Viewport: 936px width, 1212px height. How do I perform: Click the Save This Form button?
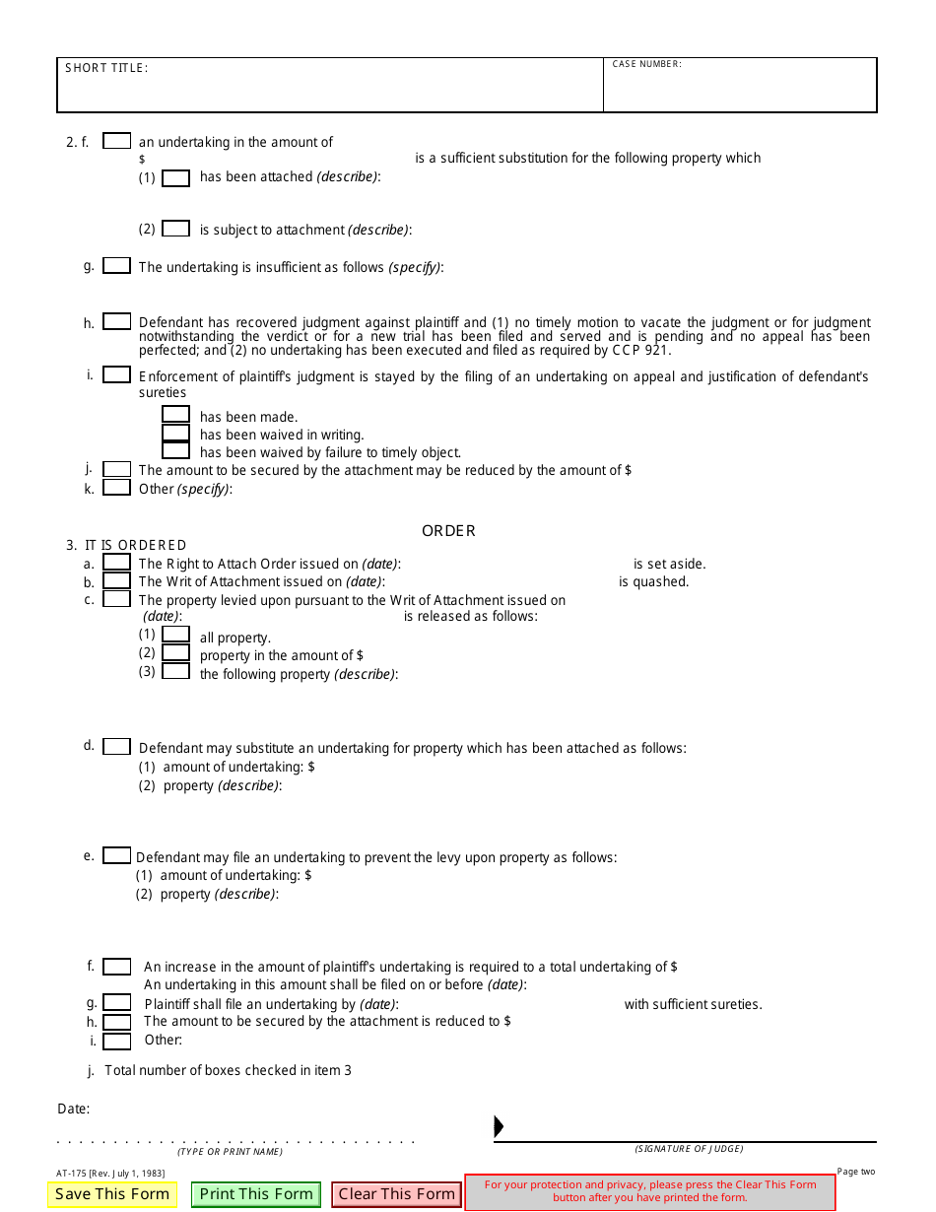click(x=112, y=1194)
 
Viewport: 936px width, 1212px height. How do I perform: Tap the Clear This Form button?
click(x=396, y=1194)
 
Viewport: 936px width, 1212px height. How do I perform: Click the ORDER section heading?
click(x=448, y=531)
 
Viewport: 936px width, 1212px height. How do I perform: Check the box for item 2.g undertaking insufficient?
click(x=116, y=266)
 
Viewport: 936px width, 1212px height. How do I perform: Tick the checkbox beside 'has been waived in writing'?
click(x=175, y=433)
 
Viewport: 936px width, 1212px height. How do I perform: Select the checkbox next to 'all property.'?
click(x=175, y=636)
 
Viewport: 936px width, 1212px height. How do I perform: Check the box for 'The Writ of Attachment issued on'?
click(x=116, y=580)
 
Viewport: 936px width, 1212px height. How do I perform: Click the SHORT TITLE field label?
click(x=106, y=68)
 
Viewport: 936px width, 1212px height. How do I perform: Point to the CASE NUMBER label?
click(x=646, y=64)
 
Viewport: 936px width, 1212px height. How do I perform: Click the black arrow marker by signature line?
click(x=499, y=1126)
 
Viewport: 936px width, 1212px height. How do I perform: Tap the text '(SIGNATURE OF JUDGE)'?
click(x=689, y=1149)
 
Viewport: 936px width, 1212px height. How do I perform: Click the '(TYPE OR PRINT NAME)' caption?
click(x=230, y=1152)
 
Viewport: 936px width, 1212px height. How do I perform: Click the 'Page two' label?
click(x=855, y=1172)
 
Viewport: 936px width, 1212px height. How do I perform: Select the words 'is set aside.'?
click(x=669, y=565)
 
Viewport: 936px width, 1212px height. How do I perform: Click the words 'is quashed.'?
click(x=653, y=582)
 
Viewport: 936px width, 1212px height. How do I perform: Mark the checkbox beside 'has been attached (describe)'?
click(x=175, y=178)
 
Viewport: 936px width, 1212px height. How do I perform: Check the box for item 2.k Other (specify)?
click(x=116, y=488)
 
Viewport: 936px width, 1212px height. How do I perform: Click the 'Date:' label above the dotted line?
click(x=73, y=1109)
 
